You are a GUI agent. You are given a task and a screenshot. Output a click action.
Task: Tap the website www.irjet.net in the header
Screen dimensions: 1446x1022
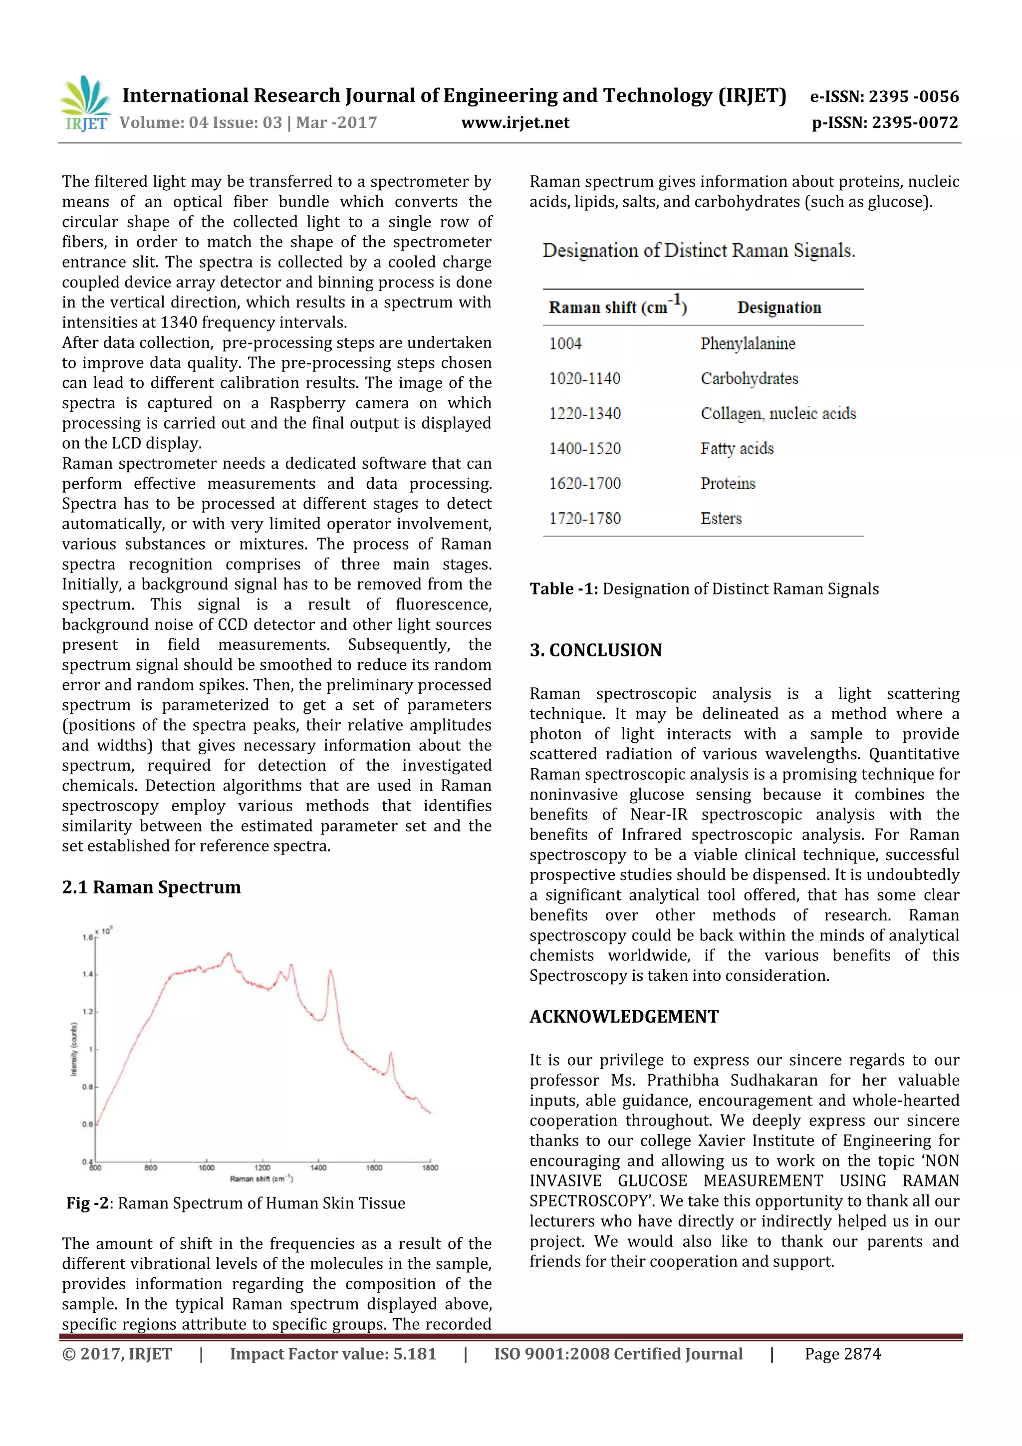[514, 123]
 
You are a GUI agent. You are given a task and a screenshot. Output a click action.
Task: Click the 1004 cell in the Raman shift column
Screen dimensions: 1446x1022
[565, 344]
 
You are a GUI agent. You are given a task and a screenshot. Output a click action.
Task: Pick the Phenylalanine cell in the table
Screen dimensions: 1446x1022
[748, 344]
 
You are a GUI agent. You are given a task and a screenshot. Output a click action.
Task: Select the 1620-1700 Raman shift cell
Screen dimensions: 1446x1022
[584, 484]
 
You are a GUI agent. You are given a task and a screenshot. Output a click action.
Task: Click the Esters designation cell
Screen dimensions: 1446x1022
[721, 518]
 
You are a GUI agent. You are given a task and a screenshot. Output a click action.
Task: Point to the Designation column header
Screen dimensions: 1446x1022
[779, 308]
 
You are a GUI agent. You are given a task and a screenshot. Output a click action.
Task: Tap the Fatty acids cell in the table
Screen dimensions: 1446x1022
[737, 448]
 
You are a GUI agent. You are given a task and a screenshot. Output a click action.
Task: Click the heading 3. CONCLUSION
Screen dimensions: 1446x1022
[595, 650]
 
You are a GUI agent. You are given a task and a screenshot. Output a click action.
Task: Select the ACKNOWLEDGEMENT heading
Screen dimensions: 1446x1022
[623, 1016]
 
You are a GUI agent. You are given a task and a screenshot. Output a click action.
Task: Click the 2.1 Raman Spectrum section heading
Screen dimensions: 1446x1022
[151, 887]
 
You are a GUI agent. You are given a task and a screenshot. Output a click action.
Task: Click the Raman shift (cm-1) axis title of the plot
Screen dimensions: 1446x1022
[260, 1178]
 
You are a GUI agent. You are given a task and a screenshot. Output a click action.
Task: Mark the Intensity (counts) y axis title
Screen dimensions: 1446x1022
[74, 1049]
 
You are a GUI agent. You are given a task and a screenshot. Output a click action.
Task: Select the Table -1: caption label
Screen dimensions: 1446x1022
[563, 589]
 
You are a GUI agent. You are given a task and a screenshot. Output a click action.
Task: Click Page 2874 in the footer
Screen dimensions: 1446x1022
[842, 1354]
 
